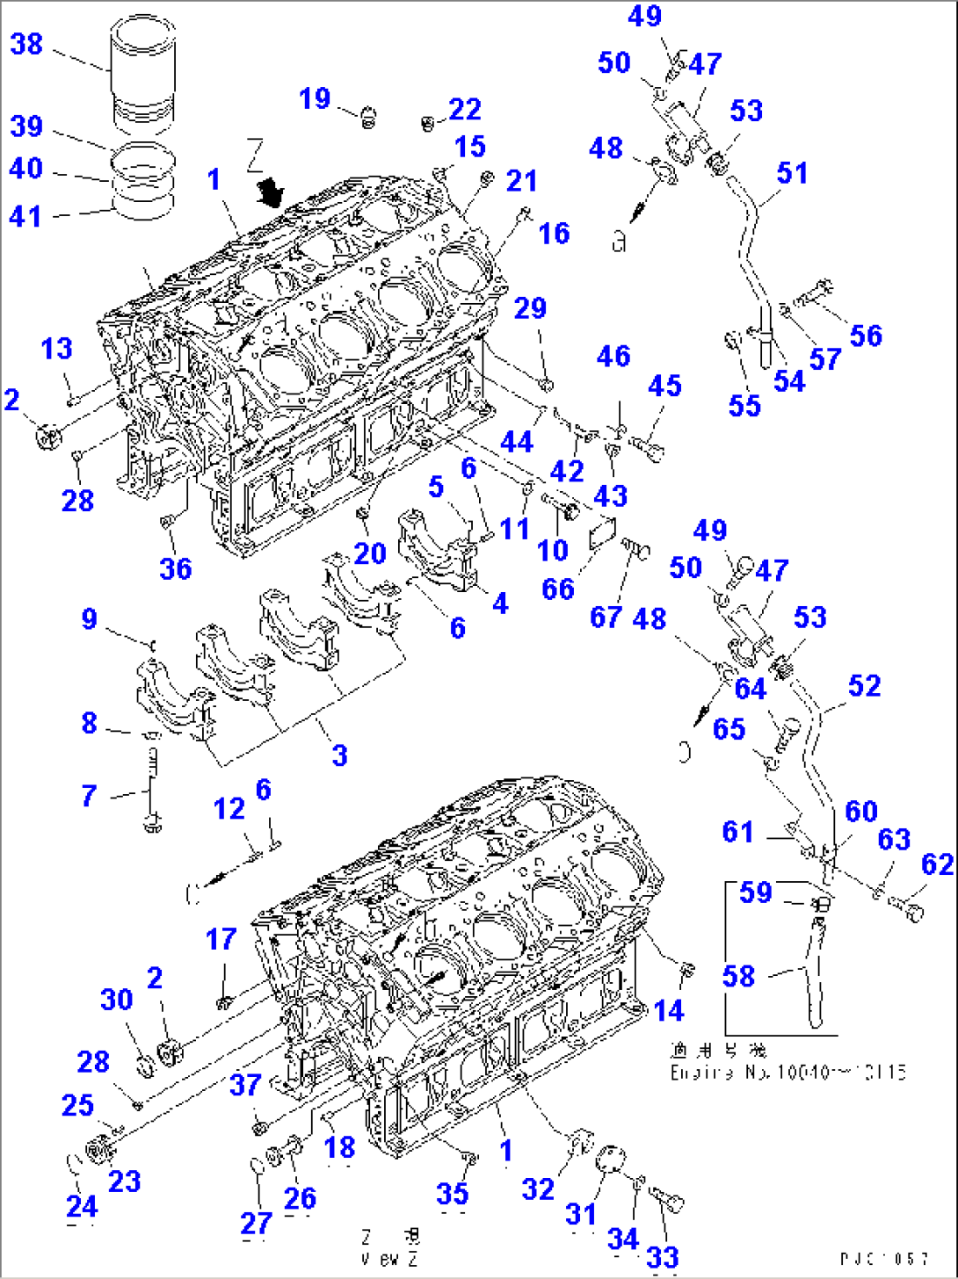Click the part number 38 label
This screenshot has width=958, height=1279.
[x=26, y=43]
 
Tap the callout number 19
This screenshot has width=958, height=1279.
[x=314, y=98]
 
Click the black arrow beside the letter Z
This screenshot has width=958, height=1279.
[x=272, y=190]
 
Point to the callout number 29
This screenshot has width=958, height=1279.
[x=530, y=308]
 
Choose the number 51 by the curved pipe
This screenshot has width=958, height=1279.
[x=792, y=172]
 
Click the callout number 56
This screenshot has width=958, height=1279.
[x=866, y=335]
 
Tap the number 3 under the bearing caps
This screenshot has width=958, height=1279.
[x=339, y=755]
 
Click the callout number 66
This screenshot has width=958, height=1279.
[x=558, y=589]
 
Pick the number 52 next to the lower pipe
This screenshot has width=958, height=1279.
[x=864, y=685]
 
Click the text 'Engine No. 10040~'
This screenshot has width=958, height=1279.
[x=787, y=1073]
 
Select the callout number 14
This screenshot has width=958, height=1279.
[x=668, y=1010]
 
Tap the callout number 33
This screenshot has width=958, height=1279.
[x=663, y=1256]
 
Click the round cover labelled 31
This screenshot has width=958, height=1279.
[x=606, y=1160]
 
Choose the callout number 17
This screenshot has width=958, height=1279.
[x=221, y=939]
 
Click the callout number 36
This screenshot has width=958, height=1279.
[x=176, y=568]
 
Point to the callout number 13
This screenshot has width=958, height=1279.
[x=56, y=348]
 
